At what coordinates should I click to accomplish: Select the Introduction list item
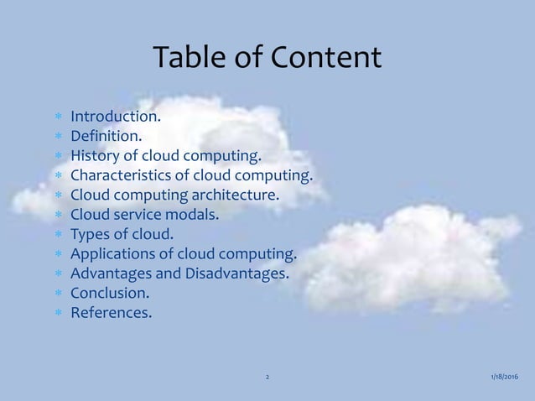(115, 115)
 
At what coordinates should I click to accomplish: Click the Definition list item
(106, 135)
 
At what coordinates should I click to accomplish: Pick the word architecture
(238, 195)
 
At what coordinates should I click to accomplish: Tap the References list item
(112, 314)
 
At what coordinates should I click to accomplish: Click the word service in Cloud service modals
(136, 215)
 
